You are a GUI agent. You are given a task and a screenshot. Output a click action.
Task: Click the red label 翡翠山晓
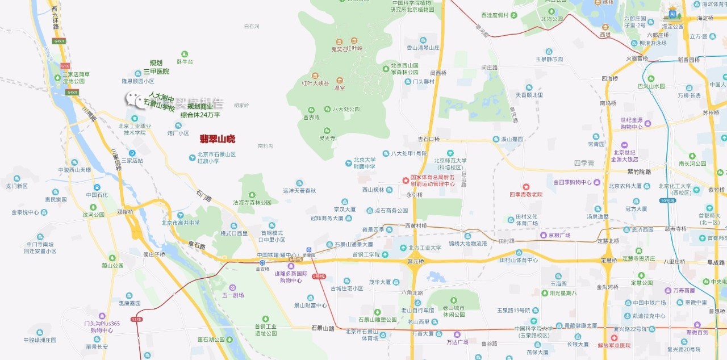pos(217,139)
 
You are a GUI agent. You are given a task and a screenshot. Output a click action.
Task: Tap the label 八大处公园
pos(346,109)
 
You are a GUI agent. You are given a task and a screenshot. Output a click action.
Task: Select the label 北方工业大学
pos(424,248)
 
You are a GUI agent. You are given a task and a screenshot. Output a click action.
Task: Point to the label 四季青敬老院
pos(525,194)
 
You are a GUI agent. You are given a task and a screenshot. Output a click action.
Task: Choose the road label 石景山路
pos(323,328)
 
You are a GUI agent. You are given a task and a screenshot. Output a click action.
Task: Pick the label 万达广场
pos(457,342)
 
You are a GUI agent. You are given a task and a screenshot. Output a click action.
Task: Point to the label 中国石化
pos(97,194)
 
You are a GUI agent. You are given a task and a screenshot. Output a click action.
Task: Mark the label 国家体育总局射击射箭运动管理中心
pos(433,181)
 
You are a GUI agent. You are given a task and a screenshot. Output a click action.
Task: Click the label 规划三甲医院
pos(156,67)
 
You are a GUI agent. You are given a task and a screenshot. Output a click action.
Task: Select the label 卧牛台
pos(185,61)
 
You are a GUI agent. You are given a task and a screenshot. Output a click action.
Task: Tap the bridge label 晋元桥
pos(416,261)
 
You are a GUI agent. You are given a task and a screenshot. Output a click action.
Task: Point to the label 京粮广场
pos(559,235)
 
